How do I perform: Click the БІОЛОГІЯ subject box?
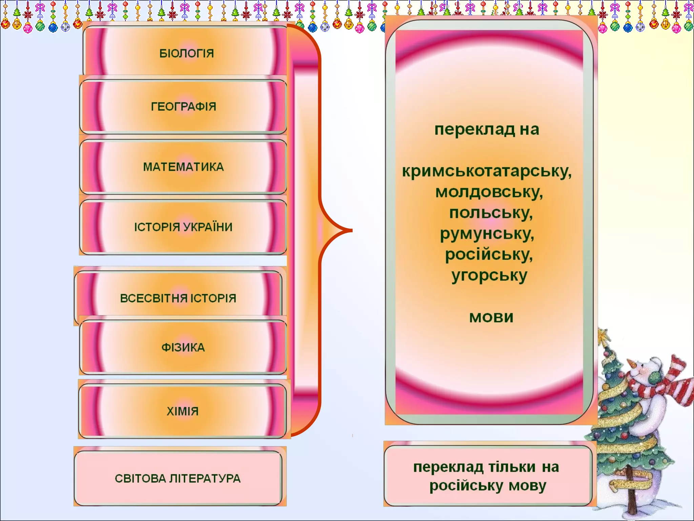(186, 53)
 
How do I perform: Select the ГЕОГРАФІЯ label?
(183, 107)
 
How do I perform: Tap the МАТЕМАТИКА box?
(183, 167)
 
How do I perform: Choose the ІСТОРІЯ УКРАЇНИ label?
(183, 227)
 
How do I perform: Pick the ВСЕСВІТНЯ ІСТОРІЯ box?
(178, 298)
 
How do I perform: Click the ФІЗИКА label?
(183, 347)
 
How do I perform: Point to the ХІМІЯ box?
(182, 411)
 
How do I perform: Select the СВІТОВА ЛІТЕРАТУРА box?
(178, 478)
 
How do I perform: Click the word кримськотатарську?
(486, 171)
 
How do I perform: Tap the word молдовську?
(489, 192)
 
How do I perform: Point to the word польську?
(491, 213)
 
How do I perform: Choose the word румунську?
(487, 234)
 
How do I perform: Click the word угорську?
(489, 276)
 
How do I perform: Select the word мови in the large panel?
(491, 317)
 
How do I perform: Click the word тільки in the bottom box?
(512, 467)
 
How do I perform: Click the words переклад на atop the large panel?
(487, 129)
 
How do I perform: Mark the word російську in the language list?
(488, 255)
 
